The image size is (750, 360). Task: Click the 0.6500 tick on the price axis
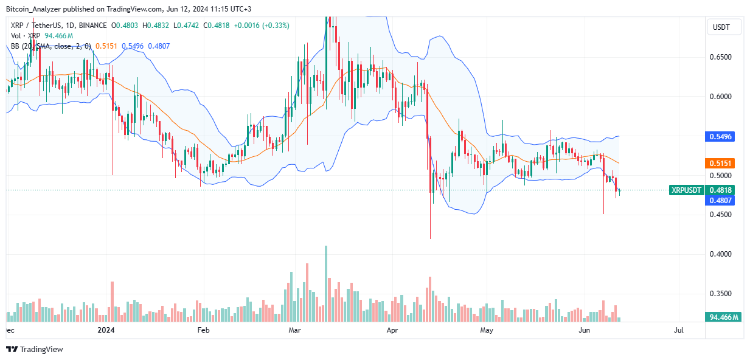tap(723, 57)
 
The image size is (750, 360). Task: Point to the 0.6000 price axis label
tap(723, 97)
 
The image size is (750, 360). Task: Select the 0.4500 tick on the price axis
tap(723, 215)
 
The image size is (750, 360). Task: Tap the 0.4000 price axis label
tap(723, 254)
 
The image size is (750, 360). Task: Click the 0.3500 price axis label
tap(723, 294)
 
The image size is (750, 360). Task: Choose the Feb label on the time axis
tap(203, 330)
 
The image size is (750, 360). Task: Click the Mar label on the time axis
tap(295, 330)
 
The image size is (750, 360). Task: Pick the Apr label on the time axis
tap(392, 330)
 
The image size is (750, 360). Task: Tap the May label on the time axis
tap(486, 330)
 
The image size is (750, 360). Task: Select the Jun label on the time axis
tap(585, 330)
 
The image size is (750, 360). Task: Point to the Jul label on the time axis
tap(679, 330)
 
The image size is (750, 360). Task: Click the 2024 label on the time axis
tap(106, 330)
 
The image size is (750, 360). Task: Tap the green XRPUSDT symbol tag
tap(686, 190)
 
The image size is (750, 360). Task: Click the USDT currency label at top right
tap(722, 27)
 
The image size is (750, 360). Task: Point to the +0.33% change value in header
tap(276, 26)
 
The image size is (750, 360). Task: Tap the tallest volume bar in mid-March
tap(326, 283)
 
